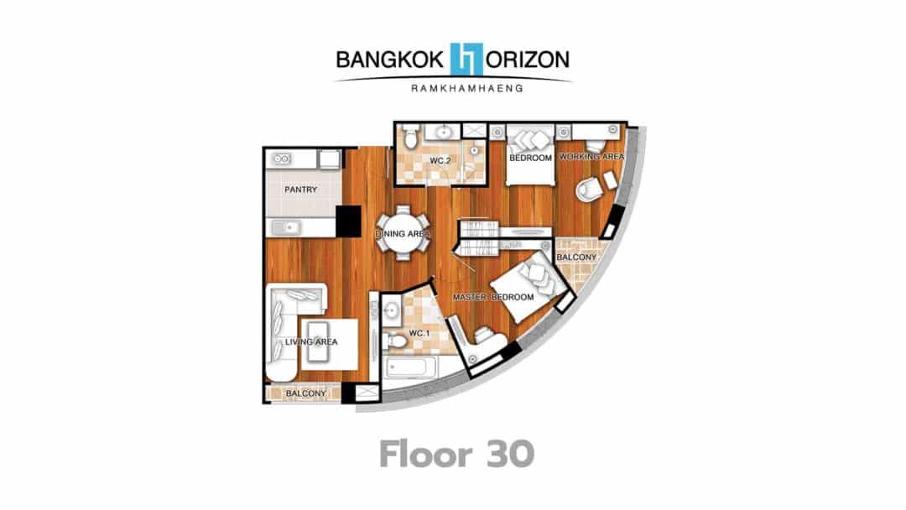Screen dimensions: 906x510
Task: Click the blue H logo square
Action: (x=466, y=59)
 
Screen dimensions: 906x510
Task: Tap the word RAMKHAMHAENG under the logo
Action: (x=467, y=88)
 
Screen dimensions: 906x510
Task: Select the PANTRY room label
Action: (x=300, y=189)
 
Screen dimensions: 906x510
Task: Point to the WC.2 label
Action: (x=440, y=160)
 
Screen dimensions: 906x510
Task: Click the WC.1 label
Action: (x=419, y=333)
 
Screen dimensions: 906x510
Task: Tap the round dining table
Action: (x=404, y=233)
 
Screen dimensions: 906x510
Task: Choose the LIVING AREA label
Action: (x=311, y=342)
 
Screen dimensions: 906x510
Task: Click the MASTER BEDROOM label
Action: (x=493, y=297)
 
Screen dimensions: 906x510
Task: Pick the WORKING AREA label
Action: (x=591, y=157)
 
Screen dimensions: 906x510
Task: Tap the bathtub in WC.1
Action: (x=411, y=367)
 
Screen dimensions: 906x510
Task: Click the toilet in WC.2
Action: (x=409, y=136)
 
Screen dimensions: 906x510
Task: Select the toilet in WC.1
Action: (x=395, y=341)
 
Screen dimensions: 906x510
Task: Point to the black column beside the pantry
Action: (x=348, y=221)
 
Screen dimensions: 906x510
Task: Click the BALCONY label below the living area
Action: (x=305, y=393)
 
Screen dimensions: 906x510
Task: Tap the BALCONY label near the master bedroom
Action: (x=576, y=257)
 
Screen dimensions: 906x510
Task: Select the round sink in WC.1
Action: (x=391, y=310)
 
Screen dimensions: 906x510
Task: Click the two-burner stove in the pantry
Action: (x=281, y=159)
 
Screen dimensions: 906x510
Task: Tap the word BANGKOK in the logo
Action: (x=390, y=60)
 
